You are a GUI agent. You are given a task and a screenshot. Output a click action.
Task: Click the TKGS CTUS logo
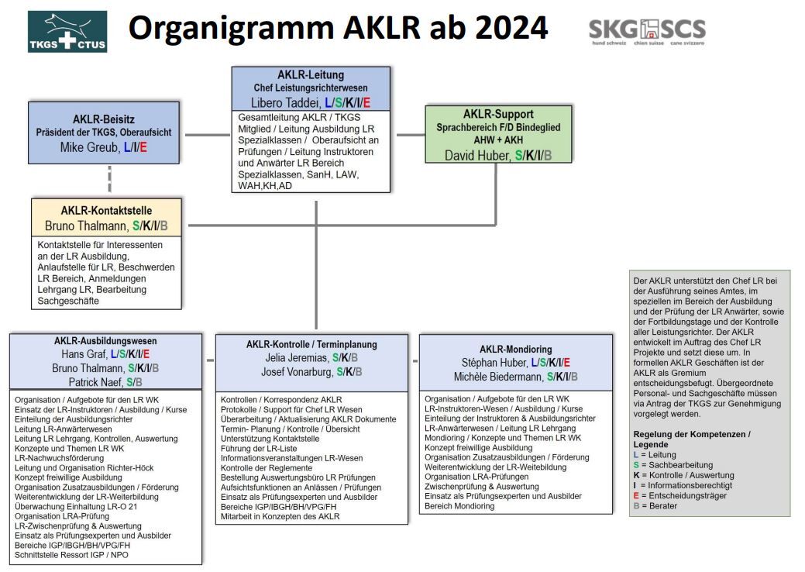point(67,31)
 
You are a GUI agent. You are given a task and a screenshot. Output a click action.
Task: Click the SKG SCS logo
point(647,33)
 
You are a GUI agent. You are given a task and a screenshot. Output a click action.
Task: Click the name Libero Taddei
point(284,102)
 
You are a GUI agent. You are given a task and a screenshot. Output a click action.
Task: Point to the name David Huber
point(476,155)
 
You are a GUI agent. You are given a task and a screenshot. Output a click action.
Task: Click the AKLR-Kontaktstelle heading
point(106,211)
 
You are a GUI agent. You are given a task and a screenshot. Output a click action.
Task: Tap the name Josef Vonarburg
point(296,372)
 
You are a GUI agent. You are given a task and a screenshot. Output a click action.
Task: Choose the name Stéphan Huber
point(494,362)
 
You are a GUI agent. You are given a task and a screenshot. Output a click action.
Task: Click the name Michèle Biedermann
point(498,377)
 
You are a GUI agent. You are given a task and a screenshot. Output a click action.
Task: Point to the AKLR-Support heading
point(498,115)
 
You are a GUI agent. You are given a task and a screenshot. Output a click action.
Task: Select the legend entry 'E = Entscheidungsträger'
point(682,495)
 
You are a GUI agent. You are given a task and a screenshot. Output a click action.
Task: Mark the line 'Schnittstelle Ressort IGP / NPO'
point(71,555)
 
